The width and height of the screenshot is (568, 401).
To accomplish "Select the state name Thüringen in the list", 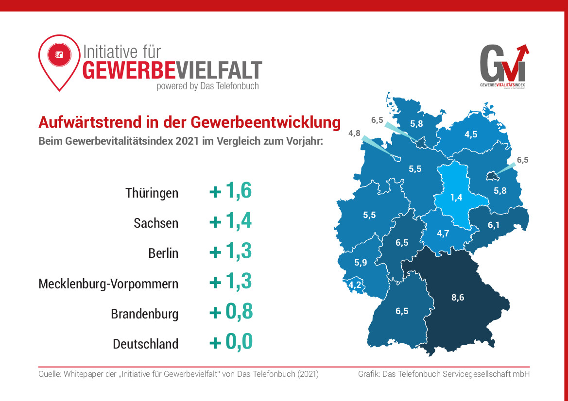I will coord(152,193).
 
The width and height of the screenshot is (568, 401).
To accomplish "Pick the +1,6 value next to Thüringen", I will coord(230,191).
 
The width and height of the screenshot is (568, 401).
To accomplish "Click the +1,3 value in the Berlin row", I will coord(230,252).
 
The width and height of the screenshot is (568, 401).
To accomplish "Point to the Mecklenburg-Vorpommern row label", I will coord(108,284).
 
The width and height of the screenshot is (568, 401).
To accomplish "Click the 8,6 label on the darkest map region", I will coord(458,298).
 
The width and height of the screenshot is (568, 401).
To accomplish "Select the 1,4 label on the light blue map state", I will coord(456,197).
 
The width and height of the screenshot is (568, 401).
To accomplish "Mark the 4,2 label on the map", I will coord(355,285).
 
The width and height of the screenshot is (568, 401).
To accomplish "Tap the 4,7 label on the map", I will coord(443,234).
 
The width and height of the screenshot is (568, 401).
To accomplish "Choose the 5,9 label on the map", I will coord(361,263).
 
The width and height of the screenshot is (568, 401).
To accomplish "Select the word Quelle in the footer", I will coord(49,374).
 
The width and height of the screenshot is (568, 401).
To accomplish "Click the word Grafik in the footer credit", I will coord(369,374).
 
